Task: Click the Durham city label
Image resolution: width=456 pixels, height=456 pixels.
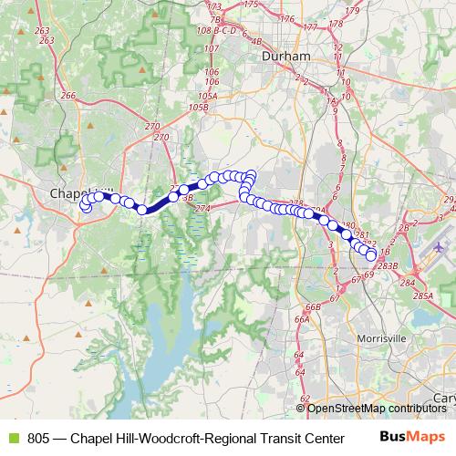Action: (x=286, y=56)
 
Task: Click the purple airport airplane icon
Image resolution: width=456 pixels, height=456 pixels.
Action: (x=440, y=245)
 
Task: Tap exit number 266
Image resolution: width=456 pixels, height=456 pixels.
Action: (x=67, y=96)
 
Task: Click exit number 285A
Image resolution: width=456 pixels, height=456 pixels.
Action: (x=421, y=296)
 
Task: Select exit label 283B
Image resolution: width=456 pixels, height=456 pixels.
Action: (x=388, y=265)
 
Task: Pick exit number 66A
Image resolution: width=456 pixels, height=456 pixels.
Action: (x=302, y=320)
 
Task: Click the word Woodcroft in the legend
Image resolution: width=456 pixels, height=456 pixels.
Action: (x=169, y=437)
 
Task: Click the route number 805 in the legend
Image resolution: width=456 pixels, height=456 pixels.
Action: (x=39, y=437)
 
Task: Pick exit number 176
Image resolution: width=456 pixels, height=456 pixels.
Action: (x=287, y=18)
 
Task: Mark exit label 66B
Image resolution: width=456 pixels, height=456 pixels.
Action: (x=313, y=307)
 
